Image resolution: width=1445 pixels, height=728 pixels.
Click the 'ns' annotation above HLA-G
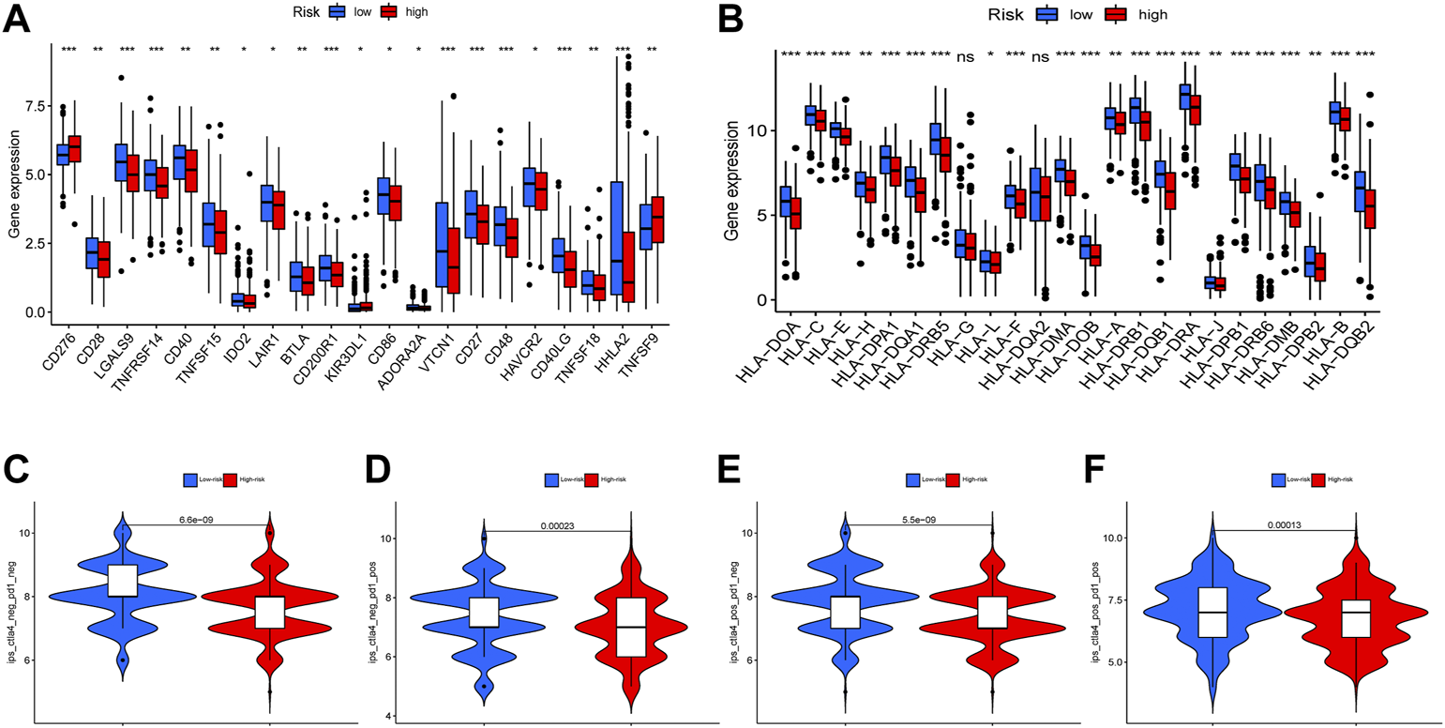coord(965,57)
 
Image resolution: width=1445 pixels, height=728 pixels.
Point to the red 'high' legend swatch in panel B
coord(1114,15)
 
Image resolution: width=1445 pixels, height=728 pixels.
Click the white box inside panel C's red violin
coord(270,611)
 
